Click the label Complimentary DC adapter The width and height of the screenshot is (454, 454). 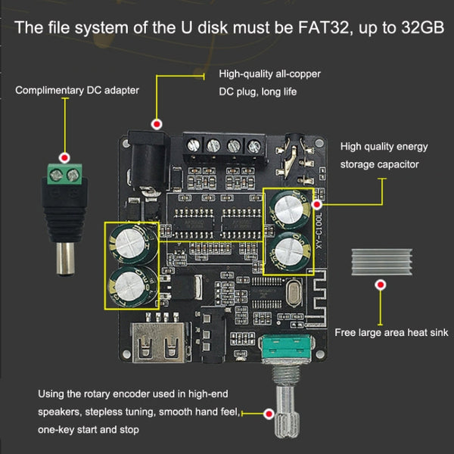(x=77, y=91)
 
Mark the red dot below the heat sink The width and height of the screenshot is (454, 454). (x=381, y=285)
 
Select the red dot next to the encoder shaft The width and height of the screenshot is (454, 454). (x=268, y=414)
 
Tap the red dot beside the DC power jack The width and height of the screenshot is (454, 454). (x=157, y=123)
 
